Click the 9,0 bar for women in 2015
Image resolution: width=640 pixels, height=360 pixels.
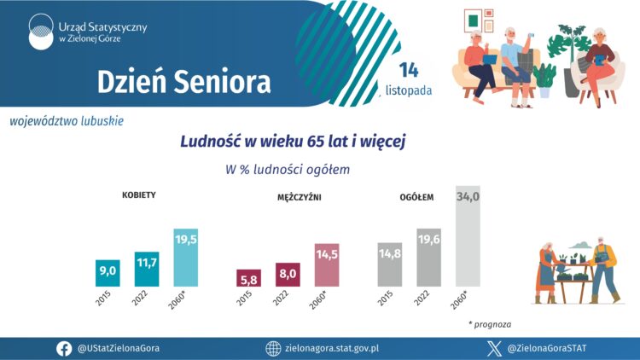[x=108, y=272]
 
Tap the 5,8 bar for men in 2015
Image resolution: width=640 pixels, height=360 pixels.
[x=248, y=278]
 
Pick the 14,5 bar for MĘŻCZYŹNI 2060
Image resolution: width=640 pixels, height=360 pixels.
[x=327, y=265]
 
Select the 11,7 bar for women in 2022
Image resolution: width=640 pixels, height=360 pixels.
[x=147, y=269]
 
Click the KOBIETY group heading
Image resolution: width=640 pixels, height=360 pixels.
[x=138, y=195]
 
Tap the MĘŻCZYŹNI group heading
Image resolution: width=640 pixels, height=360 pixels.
[x=300, y=197]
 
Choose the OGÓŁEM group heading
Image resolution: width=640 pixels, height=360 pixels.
[x=417, y=197]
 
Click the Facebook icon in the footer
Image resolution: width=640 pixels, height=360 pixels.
[x=64, y=348]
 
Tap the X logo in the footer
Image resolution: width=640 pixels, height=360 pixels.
[x=493, y=348]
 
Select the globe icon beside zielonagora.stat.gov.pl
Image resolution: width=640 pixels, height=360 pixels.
[x=273, y=348]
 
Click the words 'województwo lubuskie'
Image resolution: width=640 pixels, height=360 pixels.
[x=67, y=121]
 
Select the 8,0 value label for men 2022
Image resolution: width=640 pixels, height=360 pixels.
[x=288, y=274]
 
